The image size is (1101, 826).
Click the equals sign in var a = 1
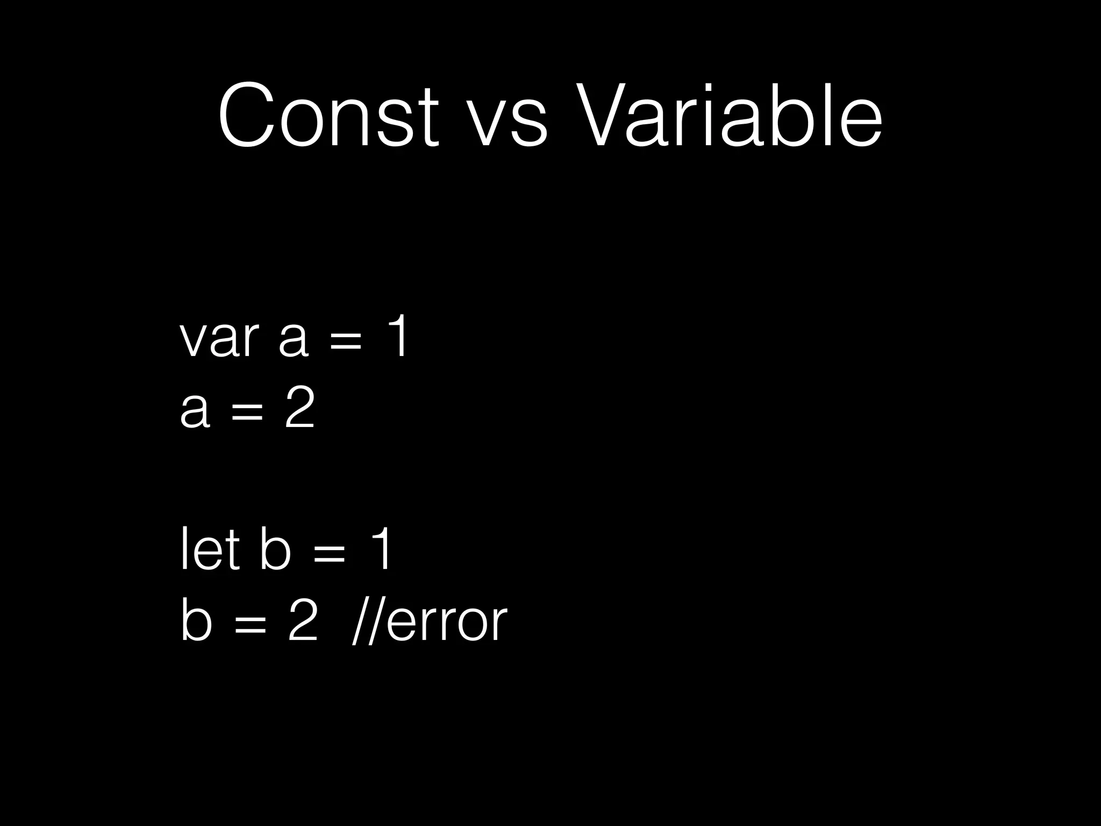tap(345, 341)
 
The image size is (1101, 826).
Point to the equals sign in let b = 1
tap(328, 554)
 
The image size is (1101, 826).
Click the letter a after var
tap(294, 341)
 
